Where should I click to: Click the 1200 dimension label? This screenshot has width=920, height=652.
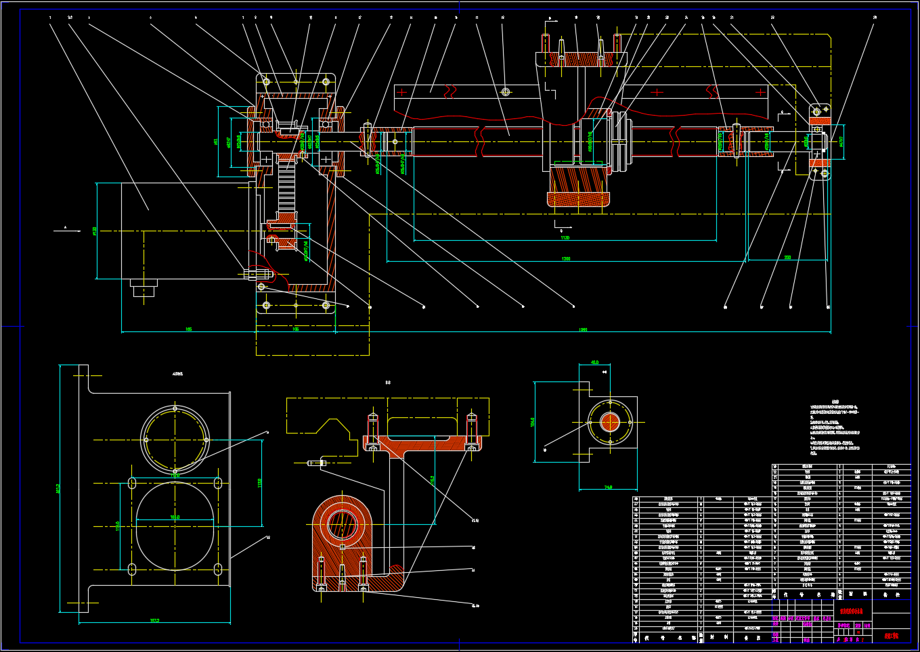tap(566, 259)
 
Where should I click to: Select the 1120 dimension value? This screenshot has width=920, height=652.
tap(565, 238)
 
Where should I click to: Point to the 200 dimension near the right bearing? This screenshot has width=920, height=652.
tap(787, 258)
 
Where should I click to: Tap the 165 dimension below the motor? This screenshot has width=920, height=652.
tap(188, 329)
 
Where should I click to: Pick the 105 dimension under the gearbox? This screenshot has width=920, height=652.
tap(295, 329)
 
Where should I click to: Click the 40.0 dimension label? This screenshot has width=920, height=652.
tap(594, 363)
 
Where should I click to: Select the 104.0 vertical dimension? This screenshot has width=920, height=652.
tap(533, 422)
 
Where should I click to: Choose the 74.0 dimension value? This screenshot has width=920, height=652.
tap(608, 487)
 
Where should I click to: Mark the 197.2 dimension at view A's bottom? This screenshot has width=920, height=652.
tap(154, 620)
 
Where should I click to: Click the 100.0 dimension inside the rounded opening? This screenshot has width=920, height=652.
tap(175, 517)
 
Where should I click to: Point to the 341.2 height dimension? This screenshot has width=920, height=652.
tap(58, 488)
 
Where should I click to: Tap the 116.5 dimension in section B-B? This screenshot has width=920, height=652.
tap(433, 480)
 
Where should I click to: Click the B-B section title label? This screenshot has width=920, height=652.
tap(388, 383)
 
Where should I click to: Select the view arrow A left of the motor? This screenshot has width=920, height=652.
tap(66, 229)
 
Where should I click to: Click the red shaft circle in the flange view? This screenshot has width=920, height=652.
tap(610, 423)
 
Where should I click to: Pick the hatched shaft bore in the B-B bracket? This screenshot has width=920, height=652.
tap(342, 524)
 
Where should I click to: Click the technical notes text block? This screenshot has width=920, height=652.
tap(835, 430)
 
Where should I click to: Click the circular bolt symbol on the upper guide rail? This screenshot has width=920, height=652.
tap(505, 91)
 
